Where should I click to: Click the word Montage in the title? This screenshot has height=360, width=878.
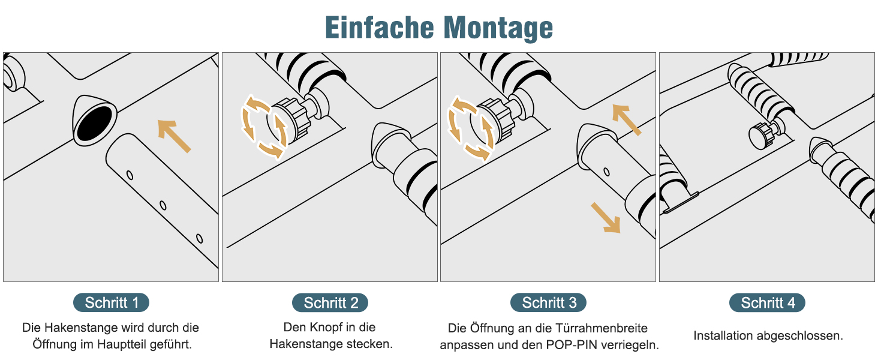click(498, 28)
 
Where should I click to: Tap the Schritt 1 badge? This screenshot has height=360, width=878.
click(112, 303)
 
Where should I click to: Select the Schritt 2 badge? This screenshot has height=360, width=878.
click(330, 303)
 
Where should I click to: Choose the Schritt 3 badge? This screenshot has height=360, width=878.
click(548, 303)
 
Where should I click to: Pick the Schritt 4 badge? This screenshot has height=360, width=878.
click(767, 303)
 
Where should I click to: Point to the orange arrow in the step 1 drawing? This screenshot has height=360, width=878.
click(174, 136)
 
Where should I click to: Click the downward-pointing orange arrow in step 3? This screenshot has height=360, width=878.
click(606, 218)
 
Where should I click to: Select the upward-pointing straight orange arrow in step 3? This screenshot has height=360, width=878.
click(626, 119)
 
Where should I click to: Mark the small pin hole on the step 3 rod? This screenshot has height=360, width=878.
click(606, 172)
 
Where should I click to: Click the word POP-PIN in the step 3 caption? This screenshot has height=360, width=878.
click(572, 345)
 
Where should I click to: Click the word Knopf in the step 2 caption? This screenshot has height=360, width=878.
click(324, 327)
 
